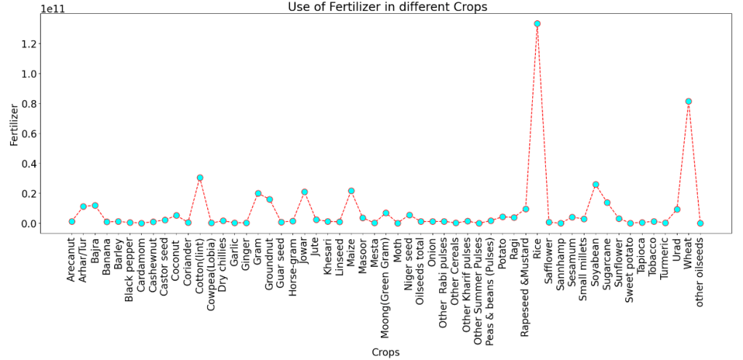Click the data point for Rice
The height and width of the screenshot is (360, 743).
pos(537,23)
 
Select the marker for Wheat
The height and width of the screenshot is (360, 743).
pos(688,101)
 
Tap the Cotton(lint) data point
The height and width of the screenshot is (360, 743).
pos(200,177)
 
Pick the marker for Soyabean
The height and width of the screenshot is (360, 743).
pos(595,185)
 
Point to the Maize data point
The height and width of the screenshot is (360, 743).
pos(351,191)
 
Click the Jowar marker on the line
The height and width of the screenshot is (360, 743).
pos(305,192)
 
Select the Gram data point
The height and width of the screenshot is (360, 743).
pos(258,193)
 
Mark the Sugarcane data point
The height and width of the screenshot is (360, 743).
pos(607,202)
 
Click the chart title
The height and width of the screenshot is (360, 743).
pos(376,7)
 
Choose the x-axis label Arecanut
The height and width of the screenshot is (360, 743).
pos(72,260)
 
